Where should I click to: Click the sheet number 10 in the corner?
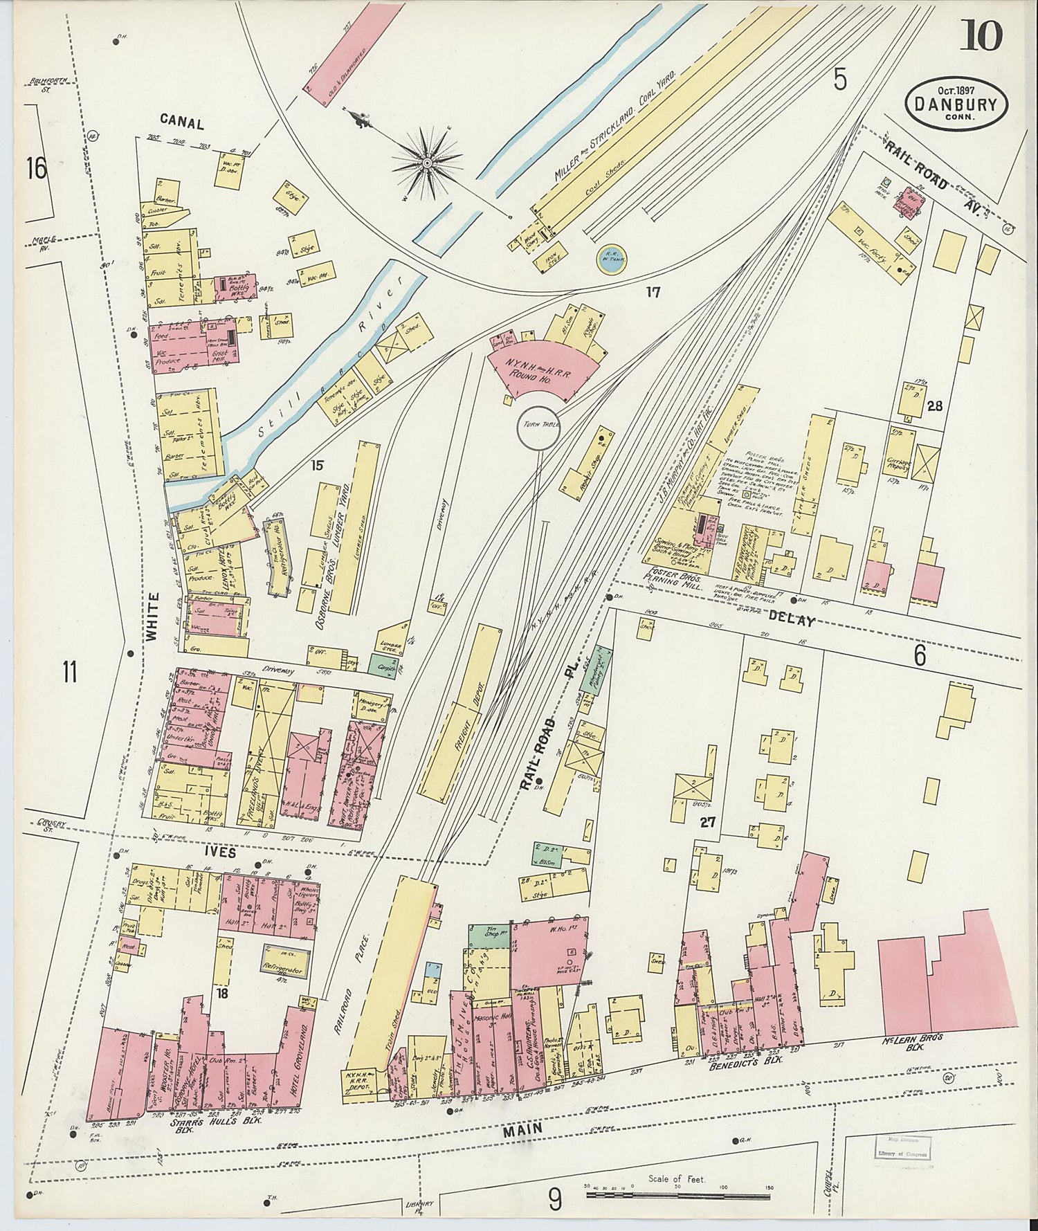point(981,35)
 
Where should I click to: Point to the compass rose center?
point(427,163)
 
